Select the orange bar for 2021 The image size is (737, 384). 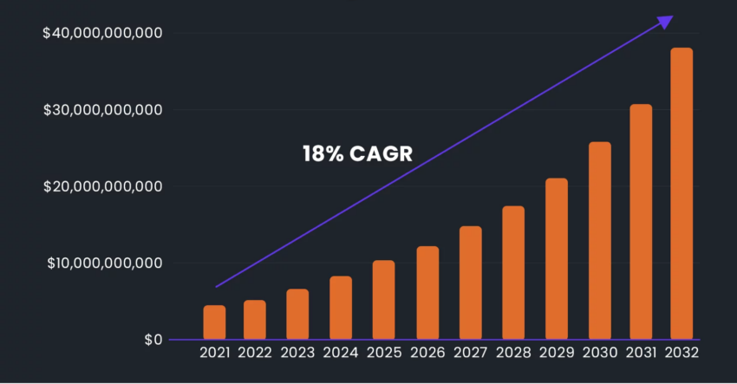[x=214, y=322]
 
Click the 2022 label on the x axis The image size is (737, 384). [x=256, y=353]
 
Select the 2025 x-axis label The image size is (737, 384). [x=383, y=353]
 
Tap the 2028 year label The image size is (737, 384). [x=512, y=353]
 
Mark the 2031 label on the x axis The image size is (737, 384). [x=641, y=353]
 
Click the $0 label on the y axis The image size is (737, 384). [x=153, y=339]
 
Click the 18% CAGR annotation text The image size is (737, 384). [x=357, y=155]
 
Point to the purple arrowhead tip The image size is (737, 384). [x=671, y=16]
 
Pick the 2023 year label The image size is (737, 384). [x=298, y=353]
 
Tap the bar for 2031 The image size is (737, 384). [x=641, y=222]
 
